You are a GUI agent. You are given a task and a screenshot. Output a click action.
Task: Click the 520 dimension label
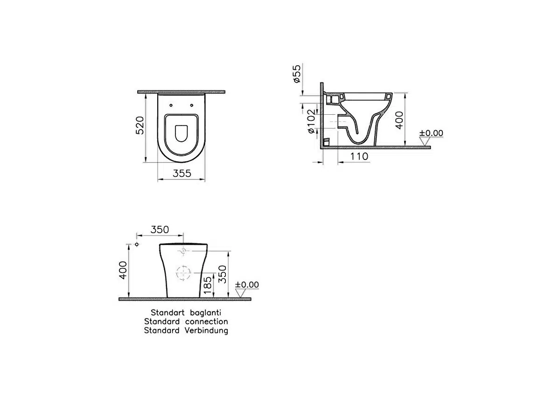140,125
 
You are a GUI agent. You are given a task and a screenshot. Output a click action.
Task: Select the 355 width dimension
182,173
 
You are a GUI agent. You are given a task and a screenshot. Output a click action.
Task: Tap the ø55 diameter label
297,74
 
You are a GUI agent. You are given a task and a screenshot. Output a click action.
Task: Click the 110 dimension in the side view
359,156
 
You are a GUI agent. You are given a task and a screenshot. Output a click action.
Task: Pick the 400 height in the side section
399,120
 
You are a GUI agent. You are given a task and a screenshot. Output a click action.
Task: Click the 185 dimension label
208,285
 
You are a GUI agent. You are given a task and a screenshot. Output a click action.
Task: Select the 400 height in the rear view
123,270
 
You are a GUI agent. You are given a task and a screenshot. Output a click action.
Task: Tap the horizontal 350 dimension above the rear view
160,229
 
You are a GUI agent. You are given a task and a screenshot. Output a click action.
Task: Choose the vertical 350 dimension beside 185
222,274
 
